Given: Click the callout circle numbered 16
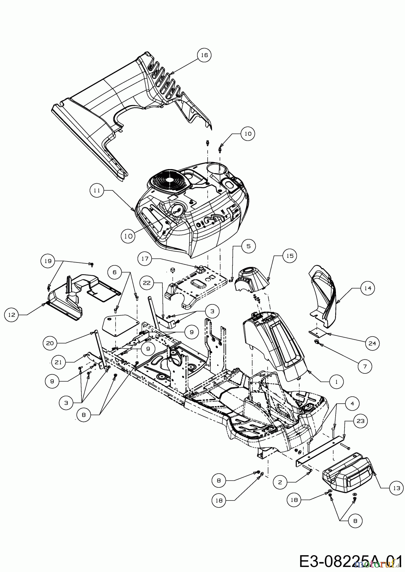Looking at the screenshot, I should pyautogui.click(x=204, y=55).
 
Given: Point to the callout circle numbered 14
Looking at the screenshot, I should pyautogui.click(x=368, y=288).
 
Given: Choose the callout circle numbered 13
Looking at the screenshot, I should pyautogui.click(x=396, y=488).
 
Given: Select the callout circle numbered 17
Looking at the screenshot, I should pyautogui.click(x=145, y=259).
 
